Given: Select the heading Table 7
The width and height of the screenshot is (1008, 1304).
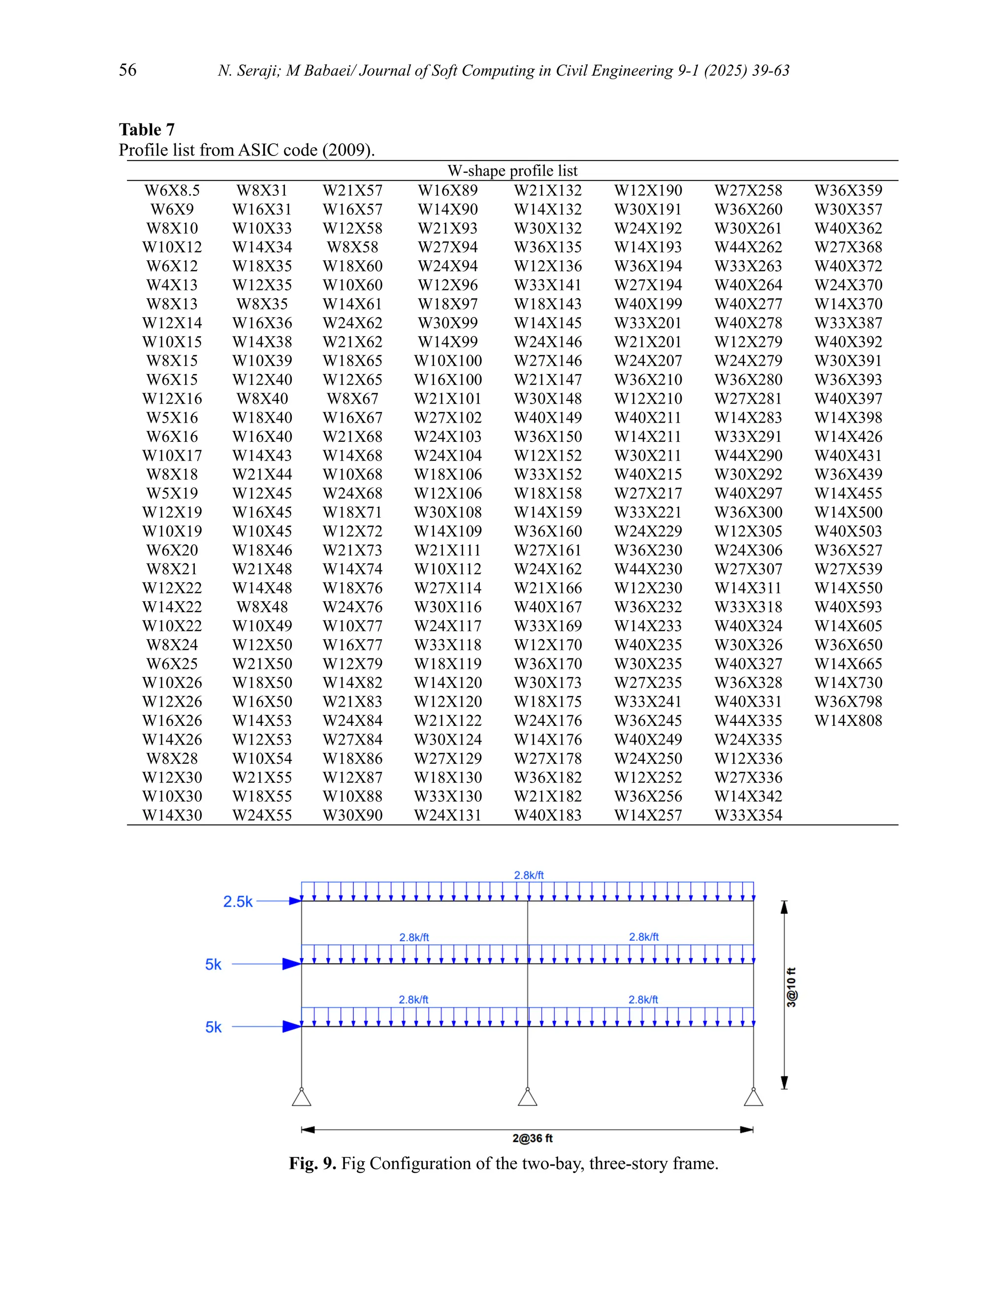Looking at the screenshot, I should pos(146,129).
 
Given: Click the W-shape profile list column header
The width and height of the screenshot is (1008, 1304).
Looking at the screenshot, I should pos(512,171).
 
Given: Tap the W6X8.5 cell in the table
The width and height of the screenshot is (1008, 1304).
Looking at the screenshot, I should pos(172,190).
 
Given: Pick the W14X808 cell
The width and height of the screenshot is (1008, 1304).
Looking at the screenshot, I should pos(848,721).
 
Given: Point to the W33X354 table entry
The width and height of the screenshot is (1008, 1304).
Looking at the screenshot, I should pos(748,815).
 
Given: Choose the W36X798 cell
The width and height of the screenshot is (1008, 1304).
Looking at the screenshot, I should pos(848,702).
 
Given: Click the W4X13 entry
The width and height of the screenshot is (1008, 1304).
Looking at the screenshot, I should pos(172,285).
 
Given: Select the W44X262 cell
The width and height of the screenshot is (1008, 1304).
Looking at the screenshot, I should pos(748,247).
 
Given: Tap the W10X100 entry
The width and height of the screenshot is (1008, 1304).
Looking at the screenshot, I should pos(448,361).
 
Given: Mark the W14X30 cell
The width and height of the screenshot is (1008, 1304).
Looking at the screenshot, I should pos(172,815).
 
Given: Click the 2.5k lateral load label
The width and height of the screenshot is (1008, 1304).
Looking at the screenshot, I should pos(238,901).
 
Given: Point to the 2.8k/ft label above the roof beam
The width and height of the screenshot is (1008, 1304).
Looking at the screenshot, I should pos(529,875).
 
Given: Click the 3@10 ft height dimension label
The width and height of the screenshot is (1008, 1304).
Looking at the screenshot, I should pos(791,988).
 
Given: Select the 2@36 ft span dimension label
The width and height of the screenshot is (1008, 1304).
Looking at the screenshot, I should pos(532,1138).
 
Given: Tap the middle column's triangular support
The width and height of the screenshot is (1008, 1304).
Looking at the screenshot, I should pos(527,1097).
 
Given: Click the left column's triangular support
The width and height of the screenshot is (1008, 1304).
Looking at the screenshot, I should pos(302,1097).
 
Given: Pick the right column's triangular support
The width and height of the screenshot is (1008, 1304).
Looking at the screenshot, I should pos(753,1097).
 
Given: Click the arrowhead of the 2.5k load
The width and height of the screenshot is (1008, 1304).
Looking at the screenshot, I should pos(295,901).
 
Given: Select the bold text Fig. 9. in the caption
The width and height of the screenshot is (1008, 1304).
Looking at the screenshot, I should pos(313,1164).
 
